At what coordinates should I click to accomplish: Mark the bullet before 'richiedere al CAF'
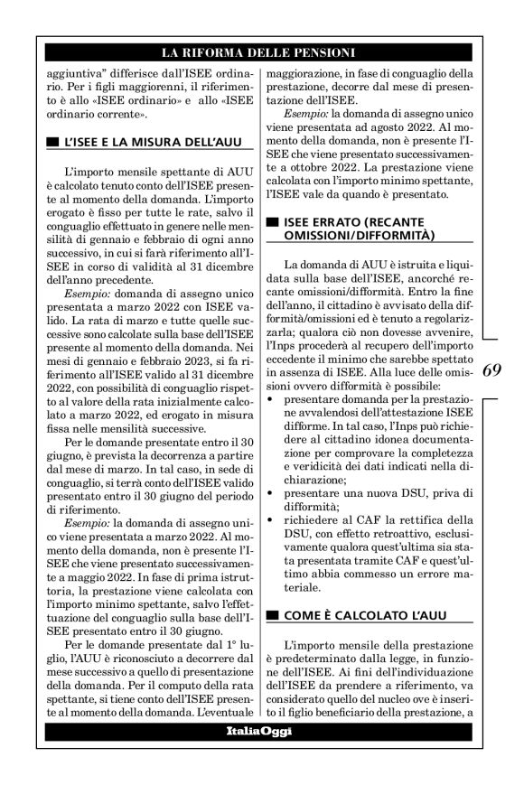[x=273, y=523]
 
